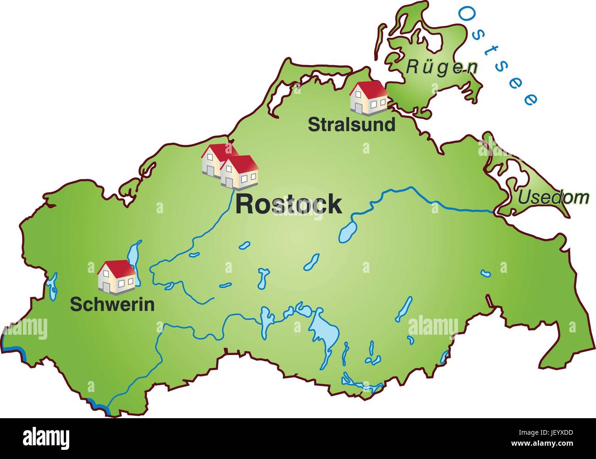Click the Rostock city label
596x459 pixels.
click(x=288, y=204)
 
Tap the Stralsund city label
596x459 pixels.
click(x=351, y=124)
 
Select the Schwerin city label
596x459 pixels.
click(x=112, y=304)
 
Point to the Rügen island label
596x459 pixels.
click(x=441, y=67)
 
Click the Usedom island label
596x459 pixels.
click(x=553, y=198)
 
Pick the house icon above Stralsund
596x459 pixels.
click(x=368, y=97)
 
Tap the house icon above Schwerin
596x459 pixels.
click(x=116, y=276)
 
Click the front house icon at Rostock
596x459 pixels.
click(x=240, y=172)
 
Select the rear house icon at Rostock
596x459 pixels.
click(x=215, y=159)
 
